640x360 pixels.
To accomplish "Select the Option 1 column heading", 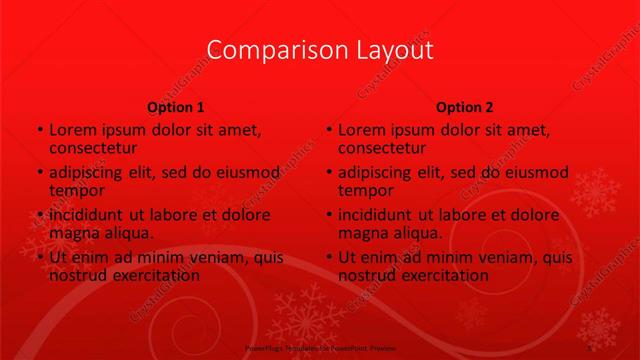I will pyautogui.click(x=176, y=107).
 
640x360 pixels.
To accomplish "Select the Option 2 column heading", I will pyautogui.click(x=465, y=107).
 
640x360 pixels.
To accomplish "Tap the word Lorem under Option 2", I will pyautogui.click(x=362, y=130).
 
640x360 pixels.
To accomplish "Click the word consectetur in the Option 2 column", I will pyautogui.click(x=387, y=148).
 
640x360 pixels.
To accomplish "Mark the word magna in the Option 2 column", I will pyautogui.click(x=363, y=233).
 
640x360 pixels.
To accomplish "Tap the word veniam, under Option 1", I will pyautogui.click(x=220, y=258).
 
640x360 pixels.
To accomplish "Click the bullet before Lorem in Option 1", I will pyautogui.click(x=39, y=131).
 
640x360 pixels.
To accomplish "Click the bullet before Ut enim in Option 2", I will pyautogui.click(x=328, y=259).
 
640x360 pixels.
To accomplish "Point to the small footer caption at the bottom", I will pyautogui.click(x=319, y=349).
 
